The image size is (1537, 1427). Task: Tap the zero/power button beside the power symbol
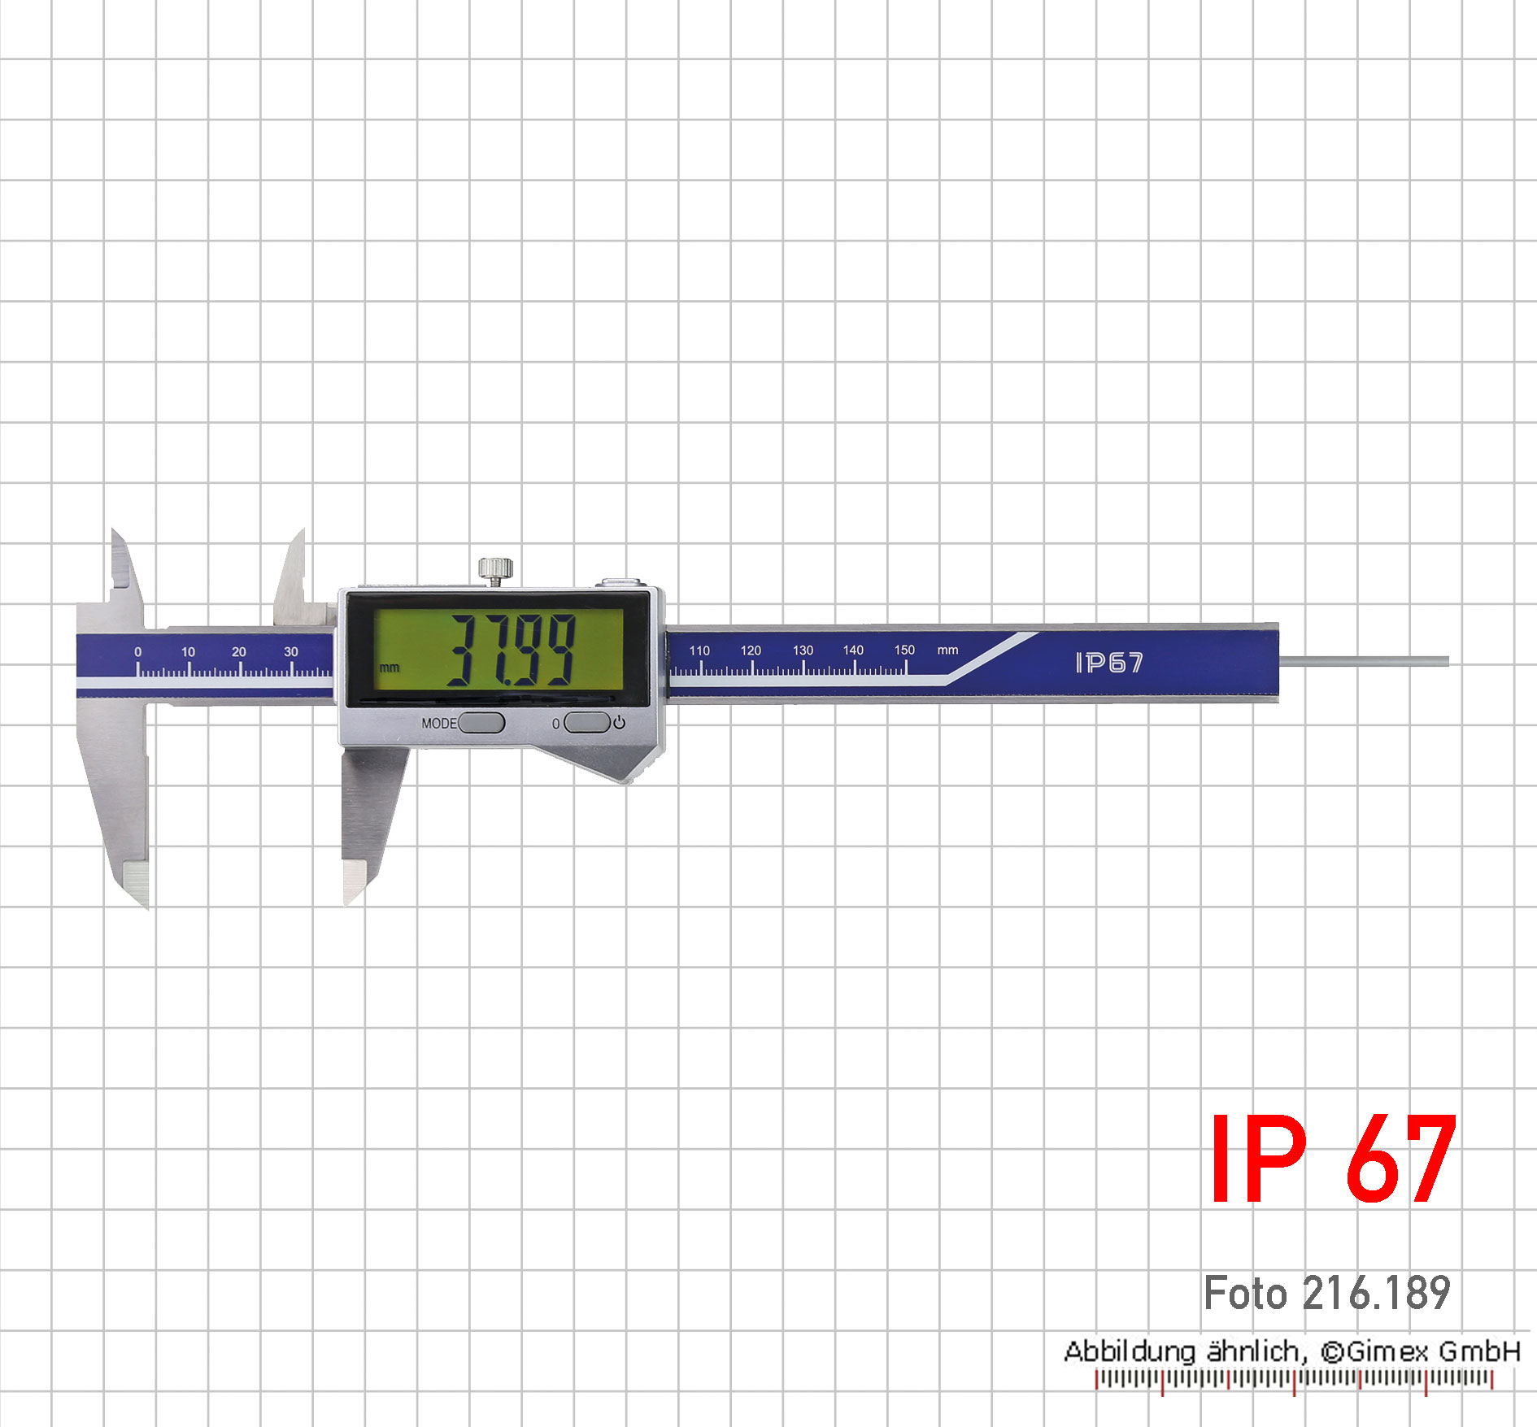[x=586, y=722]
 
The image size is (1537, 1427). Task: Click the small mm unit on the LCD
[x=390, y=668]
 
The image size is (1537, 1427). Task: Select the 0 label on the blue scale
[x=137, y=652]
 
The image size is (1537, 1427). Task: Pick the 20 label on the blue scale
[x=238, y=652]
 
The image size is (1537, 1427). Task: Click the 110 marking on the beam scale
[x=699, y=650]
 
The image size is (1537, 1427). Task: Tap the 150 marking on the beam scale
[x=904, y=650]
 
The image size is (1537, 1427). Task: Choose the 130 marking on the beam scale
[x=803, y=650]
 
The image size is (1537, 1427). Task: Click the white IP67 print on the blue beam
[x=1109, y=663]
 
